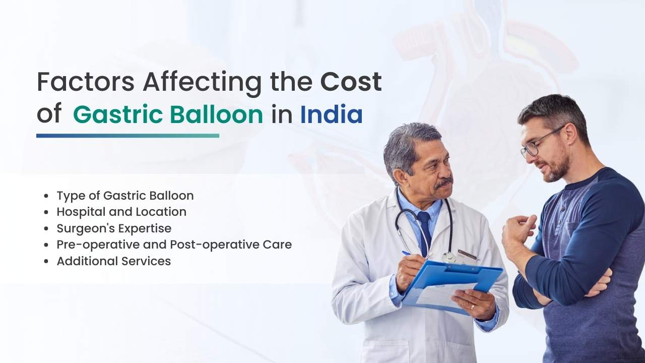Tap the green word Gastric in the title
coord(117,114)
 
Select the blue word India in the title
coord(331,114)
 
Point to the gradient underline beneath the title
coord(127,136)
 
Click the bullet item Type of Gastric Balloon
coord(125,195)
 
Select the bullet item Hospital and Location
coord(121,212)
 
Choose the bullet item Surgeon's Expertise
coord(114,228)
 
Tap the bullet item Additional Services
coord(114,261)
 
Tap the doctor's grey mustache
coord(443,182)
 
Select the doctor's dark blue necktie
coord(424,232)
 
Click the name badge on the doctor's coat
coord(467,255)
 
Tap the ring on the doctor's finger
coord(472,306)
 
